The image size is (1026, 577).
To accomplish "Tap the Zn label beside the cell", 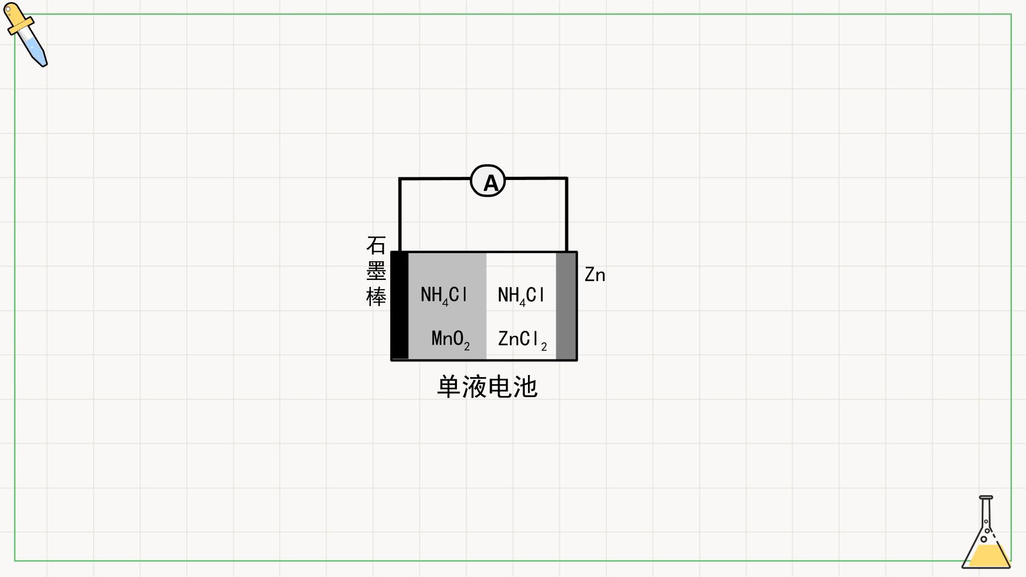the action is pyautogui.click(x=595, y=275).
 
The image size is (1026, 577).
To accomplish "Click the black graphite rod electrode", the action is pyautogui.click(x=400, y=306).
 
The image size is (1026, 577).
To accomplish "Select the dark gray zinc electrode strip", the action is pyautogui.click(x=566, y=306).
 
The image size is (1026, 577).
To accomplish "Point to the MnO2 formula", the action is pyautogui.click(x=450, y=339).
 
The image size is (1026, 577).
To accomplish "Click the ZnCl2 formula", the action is pyautogui.click(x=522, y=340).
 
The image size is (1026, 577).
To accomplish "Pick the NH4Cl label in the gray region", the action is pyautogui.click(x=444, y=295).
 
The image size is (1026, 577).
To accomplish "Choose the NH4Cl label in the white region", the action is pyautogui.click(x=521, y=295).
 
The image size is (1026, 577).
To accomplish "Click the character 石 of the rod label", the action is pyautogui.click(x=376, y=246).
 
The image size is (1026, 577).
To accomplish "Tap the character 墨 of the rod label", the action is pyautogui.click(x=376, y=271).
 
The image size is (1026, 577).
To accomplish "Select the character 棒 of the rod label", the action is pyautogui.click(x=376, y=297).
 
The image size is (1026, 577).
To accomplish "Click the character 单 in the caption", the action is pyautogui.click(x=449, y=387).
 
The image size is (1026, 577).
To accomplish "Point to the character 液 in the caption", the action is pyautogui.click(x=474, y=387).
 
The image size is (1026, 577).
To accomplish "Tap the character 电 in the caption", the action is pyautogui.click(x=500, y=387).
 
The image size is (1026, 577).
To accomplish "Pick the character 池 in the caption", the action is pyautogui.click(x=525, y=387).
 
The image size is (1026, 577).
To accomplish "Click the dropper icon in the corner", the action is pyautogui.click(x=26, y=35).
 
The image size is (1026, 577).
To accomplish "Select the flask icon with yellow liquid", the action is pyautogui.click(x=986, y=532).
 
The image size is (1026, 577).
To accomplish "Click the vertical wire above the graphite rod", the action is pyautogui.click(x=400, y=215).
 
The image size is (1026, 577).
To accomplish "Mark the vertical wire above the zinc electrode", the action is pyautogui.click(x=566, y=215).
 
